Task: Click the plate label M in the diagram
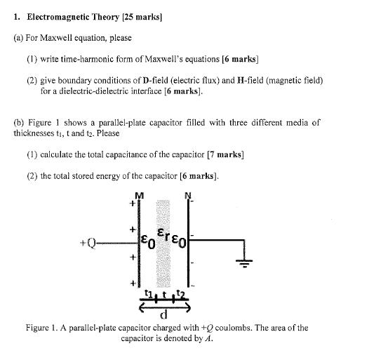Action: [140, 195]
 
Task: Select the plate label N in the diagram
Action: [188, 195]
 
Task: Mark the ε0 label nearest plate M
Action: [148, 243]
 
